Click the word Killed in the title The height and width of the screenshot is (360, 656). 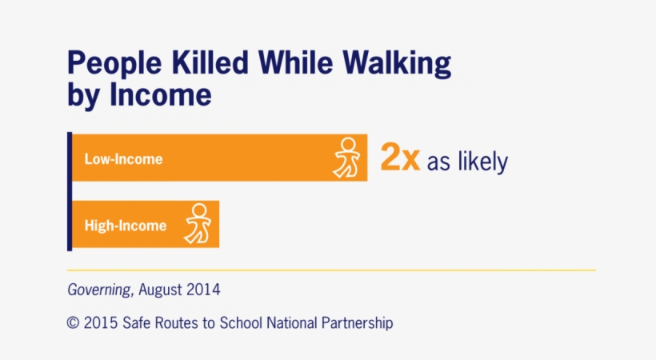pyautogui.click(x=210, y=62)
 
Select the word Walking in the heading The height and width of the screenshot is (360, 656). pyautogui.click(x=397, y=65)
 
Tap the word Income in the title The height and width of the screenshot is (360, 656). pyautogui.click(x=161, y=95)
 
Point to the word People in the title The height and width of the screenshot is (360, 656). pyautogui.click(x=114, y=65)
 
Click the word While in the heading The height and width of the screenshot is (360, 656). pyautogui.click(x=296, y=62)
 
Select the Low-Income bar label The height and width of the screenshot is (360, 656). pyautogui.click(x=123, y=159)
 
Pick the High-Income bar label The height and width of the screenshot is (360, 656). pyautogui.click(x=126, y=226)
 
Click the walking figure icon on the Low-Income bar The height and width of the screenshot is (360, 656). pyautogui.click(x=346, y=158)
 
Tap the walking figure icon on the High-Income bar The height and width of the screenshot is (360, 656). pyautogui.click(x=198, y=223)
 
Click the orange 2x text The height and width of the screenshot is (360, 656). pyautogui.click(x=400, y=158)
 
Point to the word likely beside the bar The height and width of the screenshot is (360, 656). pyautogui.click(x=482, y=161)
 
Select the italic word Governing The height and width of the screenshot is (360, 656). pyautogui.click(x=99, y=290)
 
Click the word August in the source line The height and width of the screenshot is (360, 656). pyautogui.click(x=160, y=290)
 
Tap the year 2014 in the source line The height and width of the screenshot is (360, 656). pyautogui.click(x=203, y=290)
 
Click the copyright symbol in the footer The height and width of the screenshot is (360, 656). pyautogui.click(x=73, y=323)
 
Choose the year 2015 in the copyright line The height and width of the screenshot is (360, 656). pyautogui.click(x=101, y=323)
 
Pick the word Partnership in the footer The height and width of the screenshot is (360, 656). pyautogui.click(x=357, y=323)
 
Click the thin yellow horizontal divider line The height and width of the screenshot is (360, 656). pyautogui.click(x=331, y=270)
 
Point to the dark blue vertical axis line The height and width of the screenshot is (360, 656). pyautogui.click(x=70, y=192)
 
